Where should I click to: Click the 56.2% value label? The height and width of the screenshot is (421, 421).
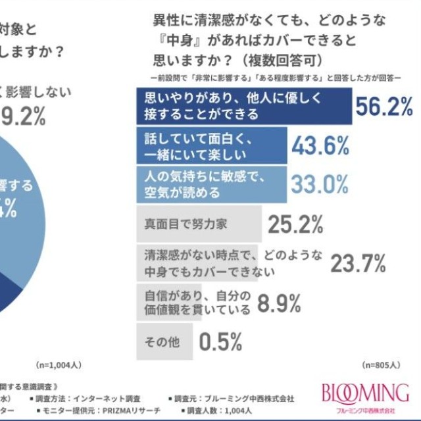point(384,106)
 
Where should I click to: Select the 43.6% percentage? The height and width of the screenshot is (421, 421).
point(320,145)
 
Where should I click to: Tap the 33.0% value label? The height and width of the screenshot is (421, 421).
point(320,184)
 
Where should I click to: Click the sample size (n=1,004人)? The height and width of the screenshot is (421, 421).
point(58,364)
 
